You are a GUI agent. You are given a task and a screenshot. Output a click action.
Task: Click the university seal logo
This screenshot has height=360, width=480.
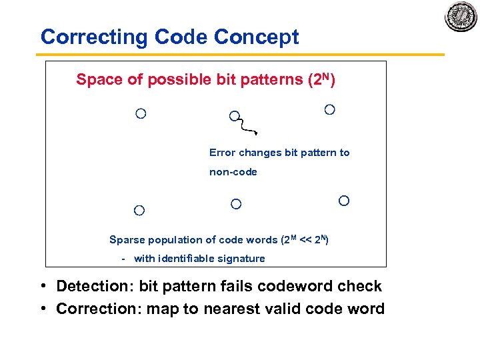point(461,17)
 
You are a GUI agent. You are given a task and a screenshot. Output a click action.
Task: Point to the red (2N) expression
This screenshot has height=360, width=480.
point(321,79)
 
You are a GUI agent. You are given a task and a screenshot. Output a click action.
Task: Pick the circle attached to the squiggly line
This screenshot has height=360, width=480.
point(234,116)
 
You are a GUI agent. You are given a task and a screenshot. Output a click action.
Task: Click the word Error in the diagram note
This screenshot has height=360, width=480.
point(223,153)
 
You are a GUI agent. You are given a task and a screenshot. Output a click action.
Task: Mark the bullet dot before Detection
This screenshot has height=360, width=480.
point(42,287)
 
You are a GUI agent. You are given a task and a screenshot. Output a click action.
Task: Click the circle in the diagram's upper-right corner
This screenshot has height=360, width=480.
point(329,109)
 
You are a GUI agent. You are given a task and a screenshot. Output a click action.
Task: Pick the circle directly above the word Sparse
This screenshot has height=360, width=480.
point(139,211)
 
